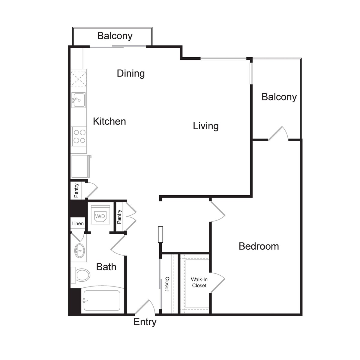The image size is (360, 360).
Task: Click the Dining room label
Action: tap(130, 73)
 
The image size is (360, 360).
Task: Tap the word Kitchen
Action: tap(109, 121)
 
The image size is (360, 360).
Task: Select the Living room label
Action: tap(206, 126)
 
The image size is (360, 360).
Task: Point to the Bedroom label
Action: tap(259, 246)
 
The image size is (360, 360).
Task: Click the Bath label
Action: tap(106, 267)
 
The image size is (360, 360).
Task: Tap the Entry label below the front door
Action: tap(145, 322)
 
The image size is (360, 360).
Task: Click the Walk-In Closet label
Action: tap(199, 283)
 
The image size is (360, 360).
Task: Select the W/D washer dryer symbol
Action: tap(100, 215)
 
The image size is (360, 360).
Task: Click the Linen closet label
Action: tap(77, 223)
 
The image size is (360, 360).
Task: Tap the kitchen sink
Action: tap(79, 100)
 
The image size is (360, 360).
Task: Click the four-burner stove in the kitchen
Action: tap(79, 136)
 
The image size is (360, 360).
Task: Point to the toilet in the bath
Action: tap(80, 275)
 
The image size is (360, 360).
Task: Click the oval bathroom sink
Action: tap(79, 250)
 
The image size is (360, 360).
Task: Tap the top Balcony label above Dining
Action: tap(115, 36)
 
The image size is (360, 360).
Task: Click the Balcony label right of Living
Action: tap(279, 97)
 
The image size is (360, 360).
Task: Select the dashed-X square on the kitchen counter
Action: tap(79, 78)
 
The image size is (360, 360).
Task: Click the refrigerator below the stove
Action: tap(81, 166)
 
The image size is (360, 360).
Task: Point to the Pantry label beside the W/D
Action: tap(119, 217)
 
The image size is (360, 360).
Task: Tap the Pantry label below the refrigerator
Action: tap(76, 190)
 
